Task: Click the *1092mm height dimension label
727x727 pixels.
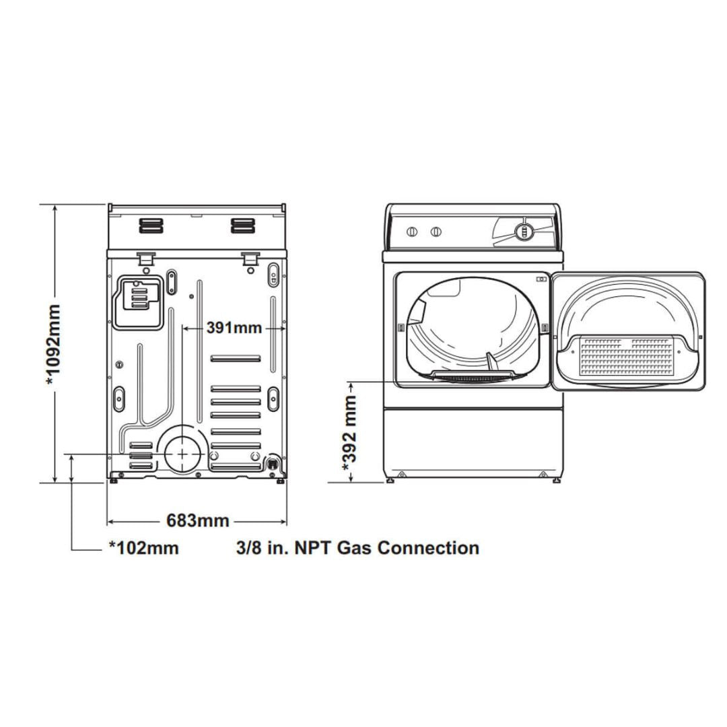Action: [x=54, y=345]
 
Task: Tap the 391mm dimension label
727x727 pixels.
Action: [x=234, y=328]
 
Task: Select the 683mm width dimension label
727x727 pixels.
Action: [x=198, y=520]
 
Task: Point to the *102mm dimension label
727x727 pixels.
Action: [x=144, y=547]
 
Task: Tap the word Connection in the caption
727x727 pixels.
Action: [x=428, y=547]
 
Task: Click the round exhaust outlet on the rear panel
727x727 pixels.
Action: [x=182, y=454]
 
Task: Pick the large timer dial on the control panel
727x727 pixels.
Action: [x=524, y=231]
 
